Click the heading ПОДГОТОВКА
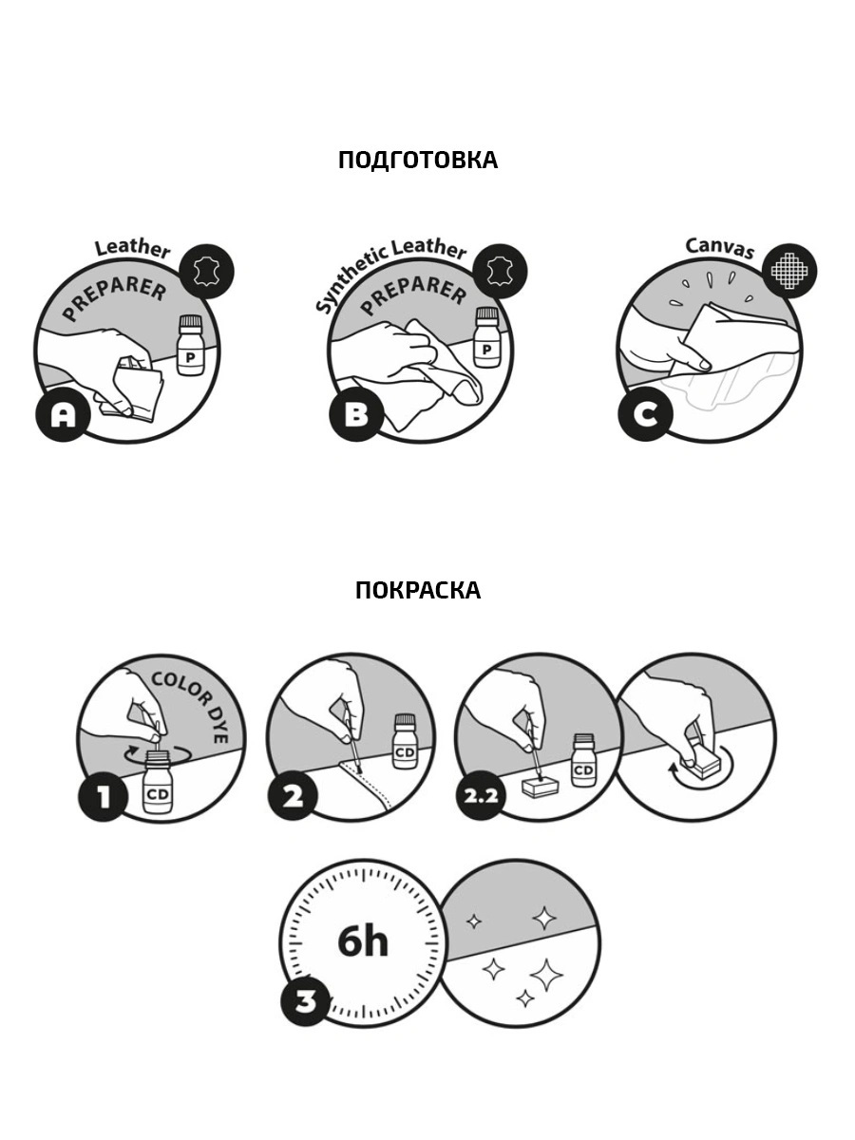point(418,160)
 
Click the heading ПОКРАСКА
point(418,591)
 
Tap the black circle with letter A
point(63,415)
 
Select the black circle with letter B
point(356,415)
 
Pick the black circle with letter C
point(645,415)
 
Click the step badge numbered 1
point(104,796)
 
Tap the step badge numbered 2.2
point(481,796)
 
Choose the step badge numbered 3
point(306,999)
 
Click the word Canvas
point(719,248)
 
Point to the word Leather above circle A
point(132,249)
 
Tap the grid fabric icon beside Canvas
point(789,271)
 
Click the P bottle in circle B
point(486,337)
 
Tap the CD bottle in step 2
point(406,741)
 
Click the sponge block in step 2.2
point(541,787)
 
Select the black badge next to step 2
point(293,796)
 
